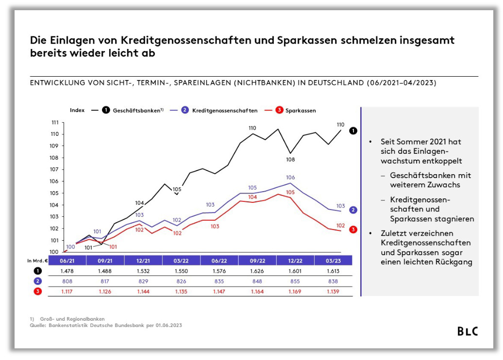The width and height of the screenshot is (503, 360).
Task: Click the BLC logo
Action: pos(468,331)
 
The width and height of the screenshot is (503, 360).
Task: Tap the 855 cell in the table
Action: pos(295,281)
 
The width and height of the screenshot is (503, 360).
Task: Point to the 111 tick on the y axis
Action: pos(54,122)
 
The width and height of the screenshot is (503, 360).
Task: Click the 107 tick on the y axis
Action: pos(54,169)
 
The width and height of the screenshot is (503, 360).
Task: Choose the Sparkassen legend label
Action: pos(301,111)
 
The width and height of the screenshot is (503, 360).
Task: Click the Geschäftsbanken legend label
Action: pos(138,111)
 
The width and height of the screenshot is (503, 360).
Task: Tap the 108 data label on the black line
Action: pos(290,159)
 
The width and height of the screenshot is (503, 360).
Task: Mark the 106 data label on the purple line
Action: pos(290,178)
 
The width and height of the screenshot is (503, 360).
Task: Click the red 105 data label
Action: pos(290,193)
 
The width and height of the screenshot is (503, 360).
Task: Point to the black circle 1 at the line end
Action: pos(353,131)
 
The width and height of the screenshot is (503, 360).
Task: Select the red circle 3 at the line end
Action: pos(353,229)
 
